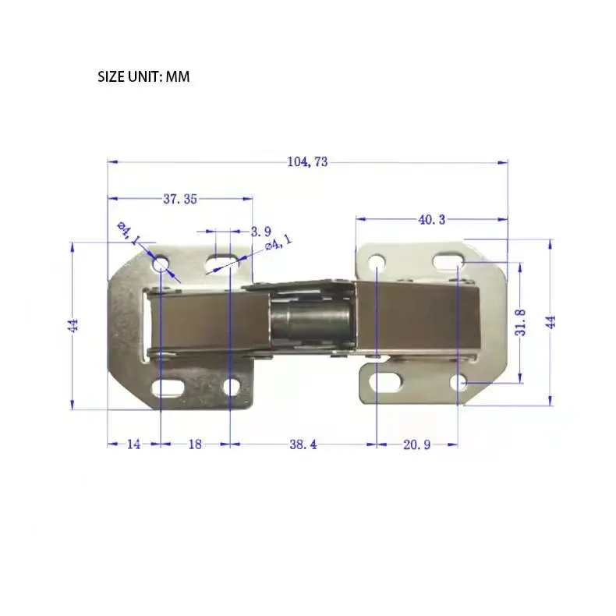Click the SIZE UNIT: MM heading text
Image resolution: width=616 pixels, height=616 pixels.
143,76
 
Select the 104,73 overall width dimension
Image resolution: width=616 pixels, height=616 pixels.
307,162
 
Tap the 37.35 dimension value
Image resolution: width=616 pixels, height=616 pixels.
180,199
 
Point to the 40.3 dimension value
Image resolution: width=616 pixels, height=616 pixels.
432,220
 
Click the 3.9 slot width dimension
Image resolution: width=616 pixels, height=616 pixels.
261,232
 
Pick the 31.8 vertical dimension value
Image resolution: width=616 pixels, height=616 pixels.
520,322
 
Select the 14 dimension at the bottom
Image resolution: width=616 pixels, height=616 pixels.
133,444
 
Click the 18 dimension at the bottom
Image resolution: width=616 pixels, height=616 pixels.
195,444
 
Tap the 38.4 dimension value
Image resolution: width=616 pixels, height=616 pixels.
303,444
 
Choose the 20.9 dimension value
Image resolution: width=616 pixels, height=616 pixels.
417,444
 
